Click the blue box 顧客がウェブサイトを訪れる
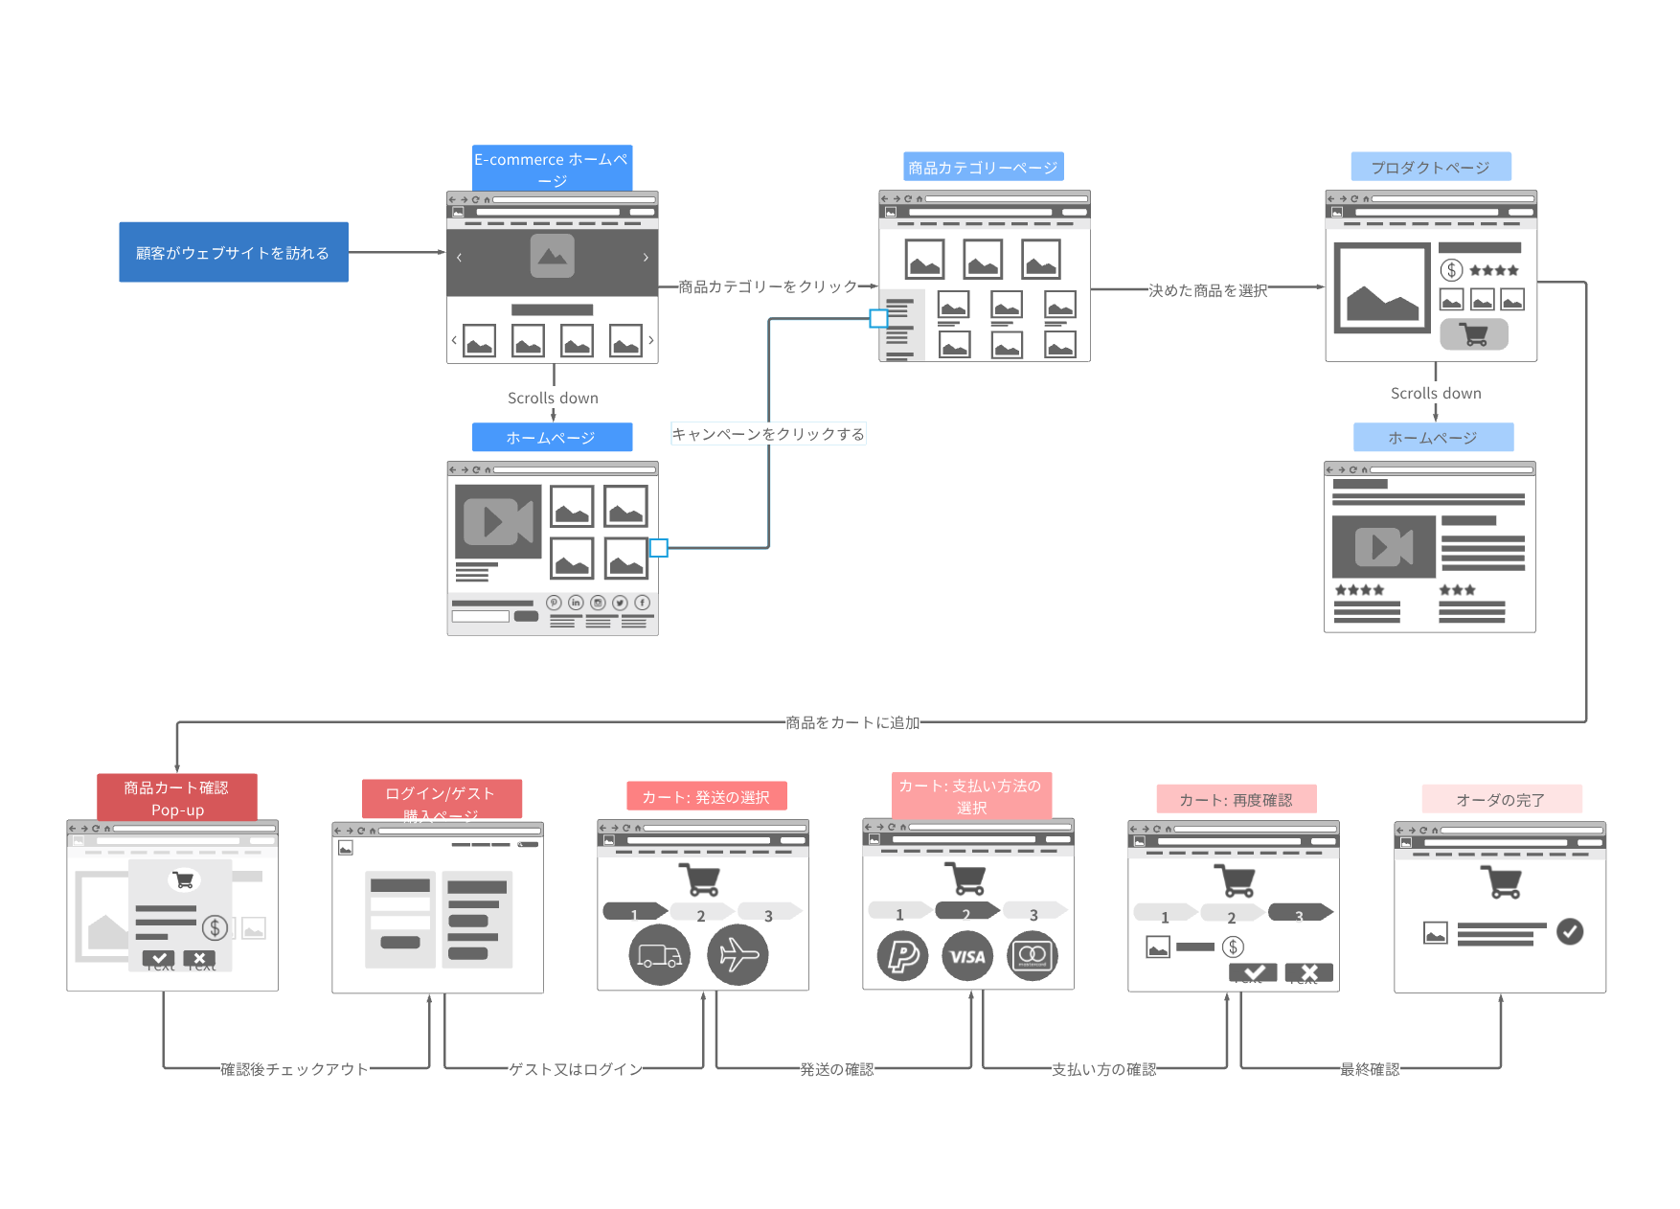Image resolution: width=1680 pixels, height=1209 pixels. pos(233,252)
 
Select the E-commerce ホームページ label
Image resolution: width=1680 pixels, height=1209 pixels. pos(552,169)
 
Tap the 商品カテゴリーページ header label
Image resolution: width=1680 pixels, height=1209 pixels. pos(983,168)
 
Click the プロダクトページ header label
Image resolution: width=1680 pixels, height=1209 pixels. pos(1430,168)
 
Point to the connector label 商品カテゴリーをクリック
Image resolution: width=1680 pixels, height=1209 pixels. pos(767,286)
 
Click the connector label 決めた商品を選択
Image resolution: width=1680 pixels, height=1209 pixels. pos(1208,290)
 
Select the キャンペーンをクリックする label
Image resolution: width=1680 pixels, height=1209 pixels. pos(767,434)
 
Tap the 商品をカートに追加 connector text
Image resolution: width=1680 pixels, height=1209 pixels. pos(852,722)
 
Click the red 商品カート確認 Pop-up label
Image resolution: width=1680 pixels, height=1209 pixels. pos(176,798)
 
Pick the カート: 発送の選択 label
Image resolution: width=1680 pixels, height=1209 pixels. pos(706,797)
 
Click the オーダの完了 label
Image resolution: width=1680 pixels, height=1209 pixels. pos(1500,799)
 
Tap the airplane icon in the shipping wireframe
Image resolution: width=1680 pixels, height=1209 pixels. pos(738,955)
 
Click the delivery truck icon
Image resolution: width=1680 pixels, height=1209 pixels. pos(659,955)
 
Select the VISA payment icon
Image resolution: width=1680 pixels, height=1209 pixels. pos(967,956)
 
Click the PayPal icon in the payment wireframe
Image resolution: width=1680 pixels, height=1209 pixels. pos(902,956)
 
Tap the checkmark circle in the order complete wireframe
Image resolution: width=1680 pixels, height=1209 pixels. pos(1569,931)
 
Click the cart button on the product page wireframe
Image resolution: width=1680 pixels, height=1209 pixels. pos(1473,334)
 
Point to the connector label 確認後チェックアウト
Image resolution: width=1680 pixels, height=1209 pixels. pos(294,1069)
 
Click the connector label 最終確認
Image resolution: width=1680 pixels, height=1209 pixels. pos(1370,1069)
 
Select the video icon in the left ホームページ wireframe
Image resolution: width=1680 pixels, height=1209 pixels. pos(498,521)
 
